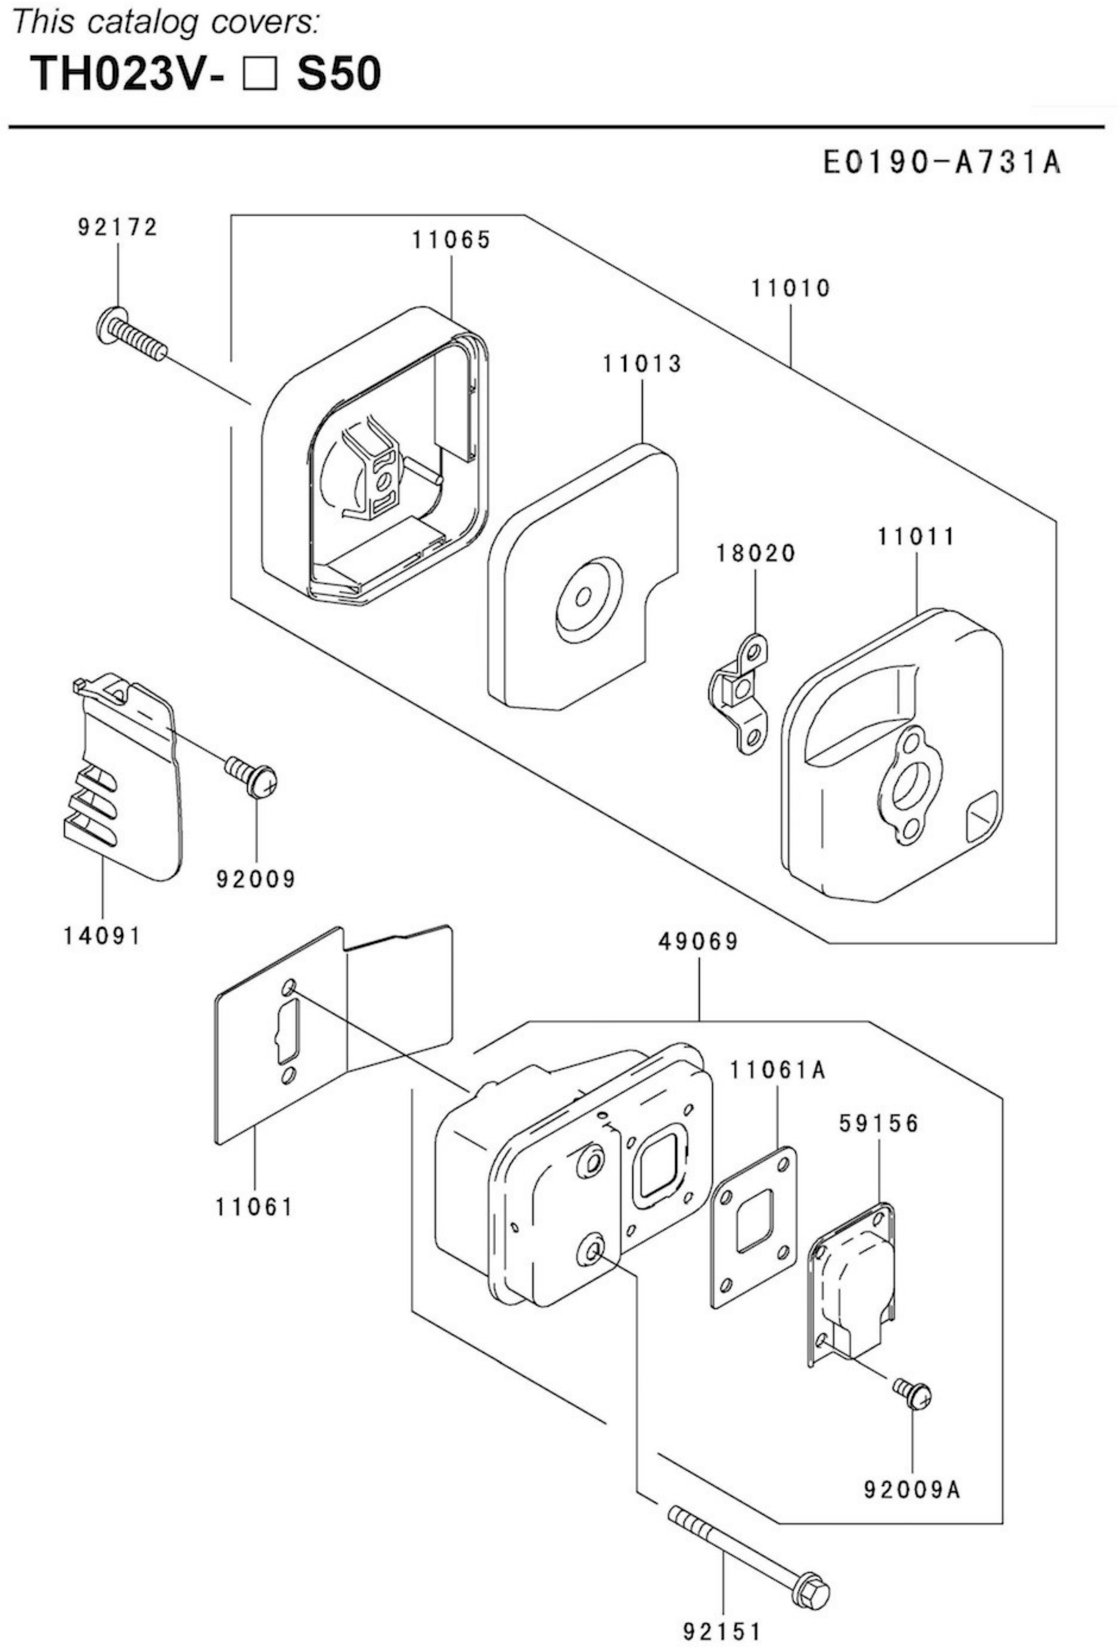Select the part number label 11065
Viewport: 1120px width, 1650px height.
(x=452, y=240)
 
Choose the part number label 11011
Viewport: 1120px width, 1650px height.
(x=916, y=537)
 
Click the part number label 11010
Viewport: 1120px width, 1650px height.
(x=790, y=289)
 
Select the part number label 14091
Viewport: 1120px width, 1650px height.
(x=103, y=936)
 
